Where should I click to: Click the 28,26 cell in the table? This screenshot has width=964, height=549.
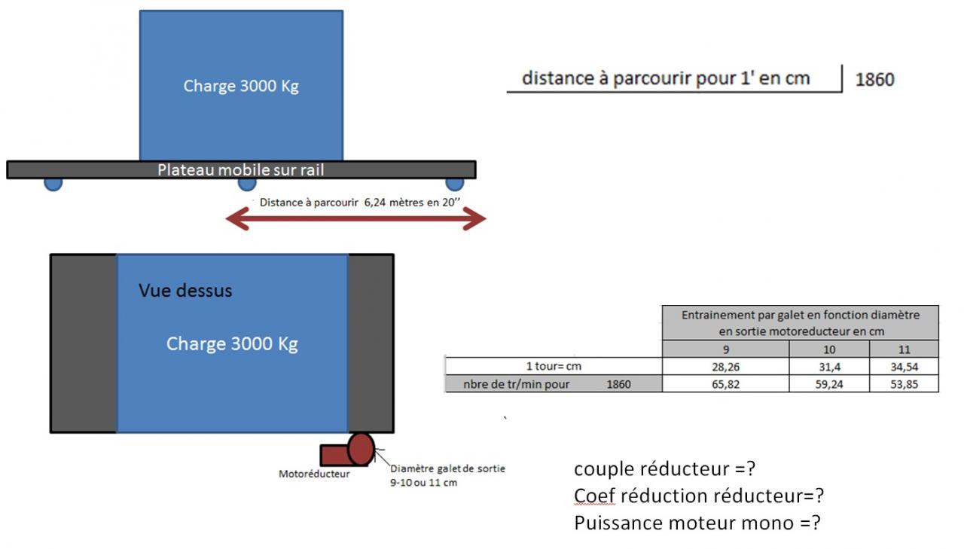[x=725, y=366]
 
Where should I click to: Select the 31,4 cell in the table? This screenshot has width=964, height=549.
[x=828, y=366]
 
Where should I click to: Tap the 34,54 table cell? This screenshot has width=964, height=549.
[x=904, y=366]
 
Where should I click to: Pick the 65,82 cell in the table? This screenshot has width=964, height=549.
[x=725, y=384]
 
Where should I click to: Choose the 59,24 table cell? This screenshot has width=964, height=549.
[x=828, y=384]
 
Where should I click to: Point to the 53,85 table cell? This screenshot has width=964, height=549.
[x=904, y=384]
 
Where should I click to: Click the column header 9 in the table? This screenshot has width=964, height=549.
[x=725, y=349]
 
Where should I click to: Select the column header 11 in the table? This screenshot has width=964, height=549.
[x=904, y=349]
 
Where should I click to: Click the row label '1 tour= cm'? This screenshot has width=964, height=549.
[x=554, y=366]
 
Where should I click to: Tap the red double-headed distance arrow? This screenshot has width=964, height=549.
[x=355, y=219]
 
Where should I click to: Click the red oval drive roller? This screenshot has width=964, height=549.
[x=361, y=447]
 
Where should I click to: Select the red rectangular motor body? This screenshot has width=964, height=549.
[x=334, y=455]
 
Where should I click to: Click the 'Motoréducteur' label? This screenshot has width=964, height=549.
[x=314, y=474]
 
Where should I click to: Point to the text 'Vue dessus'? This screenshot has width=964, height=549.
[x=185, y=290]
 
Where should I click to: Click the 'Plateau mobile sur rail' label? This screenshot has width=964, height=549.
[x=240, y=169]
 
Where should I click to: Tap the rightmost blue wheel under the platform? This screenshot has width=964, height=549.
[x=454, y=183]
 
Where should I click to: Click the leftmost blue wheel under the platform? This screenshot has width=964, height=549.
[x=53, y=183]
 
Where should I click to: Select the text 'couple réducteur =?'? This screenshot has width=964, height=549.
[x=664, y=468]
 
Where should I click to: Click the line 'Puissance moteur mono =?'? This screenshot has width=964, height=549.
[x=697, y=523]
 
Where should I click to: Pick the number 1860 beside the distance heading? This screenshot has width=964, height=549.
[x=874, y=79]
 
